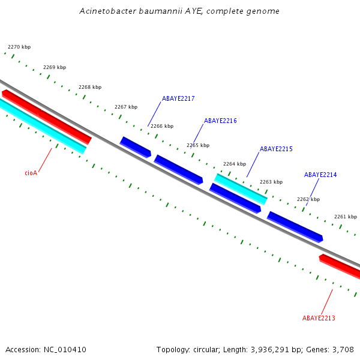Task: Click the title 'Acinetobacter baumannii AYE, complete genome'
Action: click(179, 11)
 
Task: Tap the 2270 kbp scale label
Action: click(19, 47)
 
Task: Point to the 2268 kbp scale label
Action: click(90, 87)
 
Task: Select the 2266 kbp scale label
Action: click(162, 126)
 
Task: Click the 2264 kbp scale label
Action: click(235, 164)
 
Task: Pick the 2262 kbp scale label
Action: click(308, 199)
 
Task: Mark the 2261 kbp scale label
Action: click(346, 217)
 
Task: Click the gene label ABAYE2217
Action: click(178, 98)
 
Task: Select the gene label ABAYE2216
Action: click(220, 121)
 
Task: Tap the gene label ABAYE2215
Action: click(276, 149)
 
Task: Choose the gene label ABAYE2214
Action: click(320, 175)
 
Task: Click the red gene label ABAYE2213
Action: click(319, 318)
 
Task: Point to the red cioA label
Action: click(31, 173)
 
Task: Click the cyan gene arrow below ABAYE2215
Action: click(241, 189)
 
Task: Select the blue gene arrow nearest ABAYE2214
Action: click(295, 226)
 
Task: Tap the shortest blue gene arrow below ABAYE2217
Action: click(135, 147)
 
